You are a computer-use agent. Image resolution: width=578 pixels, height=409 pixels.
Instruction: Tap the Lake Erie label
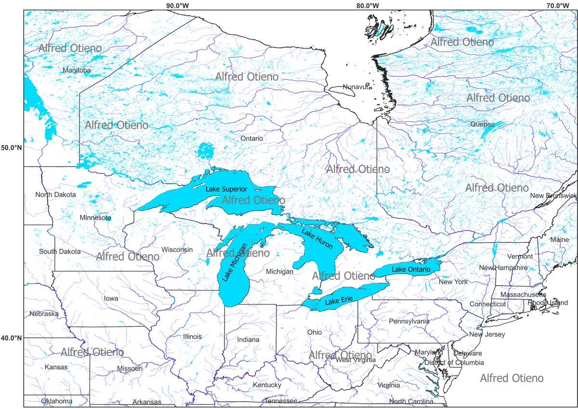(x=339, y=302)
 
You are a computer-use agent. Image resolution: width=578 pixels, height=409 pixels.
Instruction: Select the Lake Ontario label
(x=410, y=269)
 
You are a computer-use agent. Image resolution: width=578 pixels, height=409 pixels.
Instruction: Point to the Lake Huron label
(x=317, y=238)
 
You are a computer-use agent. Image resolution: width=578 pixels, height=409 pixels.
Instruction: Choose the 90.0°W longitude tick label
(x=177, y=6)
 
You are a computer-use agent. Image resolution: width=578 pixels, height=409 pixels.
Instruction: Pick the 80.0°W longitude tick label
(x=368, y=6)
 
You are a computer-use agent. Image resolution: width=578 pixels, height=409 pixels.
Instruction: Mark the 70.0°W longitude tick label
(x=557, y=6)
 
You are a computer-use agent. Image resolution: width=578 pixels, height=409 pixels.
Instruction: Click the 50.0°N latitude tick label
(x=12, y=147)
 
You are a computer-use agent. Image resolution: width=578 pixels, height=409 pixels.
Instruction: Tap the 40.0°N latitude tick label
(x=12, y=338)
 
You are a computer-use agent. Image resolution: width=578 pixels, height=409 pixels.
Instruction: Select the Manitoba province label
(x=77, y=70)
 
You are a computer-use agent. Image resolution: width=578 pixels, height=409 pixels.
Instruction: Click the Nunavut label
(x=357, y=87)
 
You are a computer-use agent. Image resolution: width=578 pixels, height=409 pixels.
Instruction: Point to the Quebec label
(x=482, y=124)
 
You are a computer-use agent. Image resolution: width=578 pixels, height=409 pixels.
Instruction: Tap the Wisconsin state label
(x=177, y=250)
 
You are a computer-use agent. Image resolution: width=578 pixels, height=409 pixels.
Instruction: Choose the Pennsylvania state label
(x=409, y=321)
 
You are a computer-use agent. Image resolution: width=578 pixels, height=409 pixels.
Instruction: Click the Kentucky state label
(x=267, y=385)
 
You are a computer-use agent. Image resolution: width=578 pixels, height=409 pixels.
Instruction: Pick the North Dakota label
(x=55, y=195)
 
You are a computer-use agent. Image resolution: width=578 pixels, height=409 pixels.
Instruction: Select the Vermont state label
(x=507, y=257)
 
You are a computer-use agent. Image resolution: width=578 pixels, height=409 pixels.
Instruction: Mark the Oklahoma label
(x=56, y=401)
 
